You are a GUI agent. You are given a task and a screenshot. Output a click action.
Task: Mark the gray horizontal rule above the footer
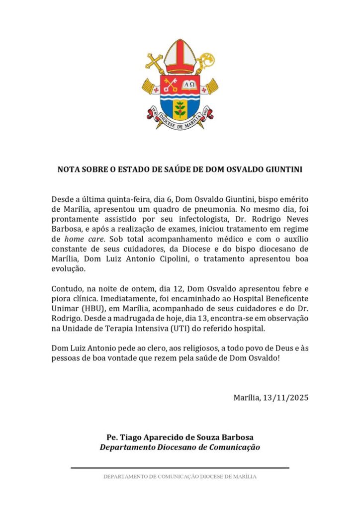tap(180, 467)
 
